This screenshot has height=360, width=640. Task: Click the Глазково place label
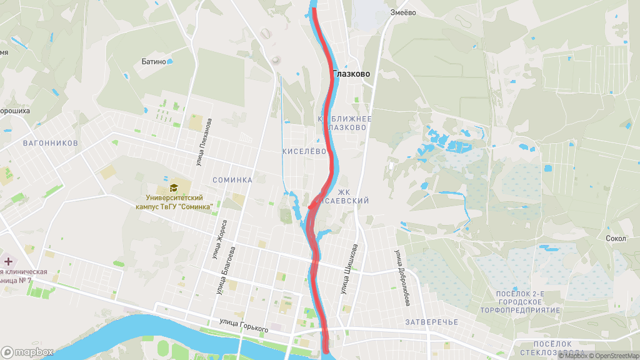point(351,74)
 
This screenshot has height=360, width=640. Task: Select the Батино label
point(154,62)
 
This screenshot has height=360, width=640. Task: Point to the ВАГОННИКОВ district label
point(51,143)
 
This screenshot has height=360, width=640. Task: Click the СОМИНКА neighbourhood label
point(232,180)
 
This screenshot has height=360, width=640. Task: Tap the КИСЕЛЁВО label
point(304,151)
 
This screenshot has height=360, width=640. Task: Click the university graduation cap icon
point(174,187)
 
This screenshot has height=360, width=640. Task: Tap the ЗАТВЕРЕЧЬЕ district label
point(432,322)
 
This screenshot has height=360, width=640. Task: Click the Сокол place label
point(616,238)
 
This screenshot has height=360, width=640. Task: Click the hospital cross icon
point(9,261)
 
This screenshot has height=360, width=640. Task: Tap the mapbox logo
point(27,352)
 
